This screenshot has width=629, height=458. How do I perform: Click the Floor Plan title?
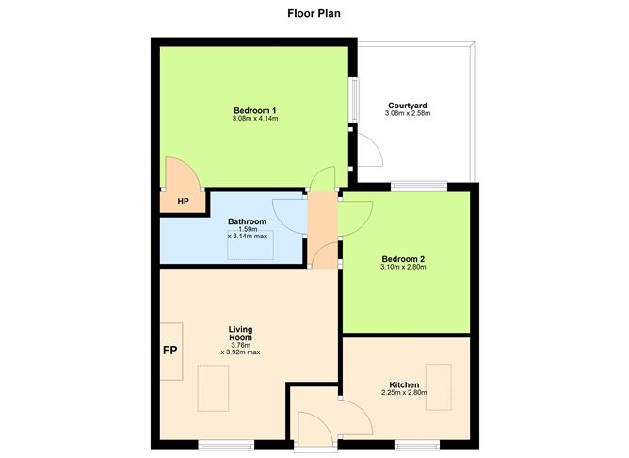click(x=314, y=14)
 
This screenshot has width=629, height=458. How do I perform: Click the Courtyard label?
click(x=408, y=106)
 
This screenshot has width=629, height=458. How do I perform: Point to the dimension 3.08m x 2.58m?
click(x=408, y=114)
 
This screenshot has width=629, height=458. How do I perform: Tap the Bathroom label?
click(x=247, y=222)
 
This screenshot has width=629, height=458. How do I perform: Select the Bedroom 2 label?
click(x=405, y=259)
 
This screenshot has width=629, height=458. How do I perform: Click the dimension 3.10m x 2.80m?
click(x=405, y=268)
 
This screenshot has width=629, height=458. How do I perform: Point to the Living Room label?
click(x=240, y=333)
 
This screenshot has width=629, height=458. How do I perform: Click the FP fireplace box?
click(x=170, y=351)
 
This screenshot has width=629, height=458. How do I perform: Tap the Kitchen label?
click(x=405, y=384)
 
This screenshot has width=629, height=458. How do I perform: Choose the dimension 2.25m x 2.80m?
click(x=405, y=393)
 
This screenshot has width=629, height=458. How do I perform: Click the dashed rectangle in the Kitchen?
click(x=439, y=386)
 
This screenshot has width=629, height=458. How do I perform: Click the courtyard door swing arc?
click(x=367, y=149)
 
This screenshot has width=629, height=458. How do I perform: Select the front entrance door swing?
click(x=320, y=419)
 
